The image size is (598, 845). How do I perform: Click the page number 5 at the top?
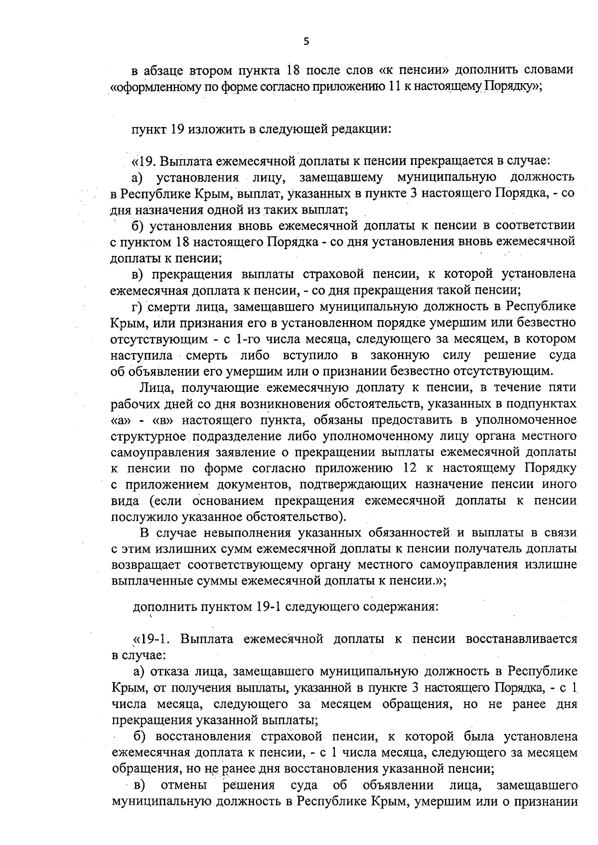point(306,42)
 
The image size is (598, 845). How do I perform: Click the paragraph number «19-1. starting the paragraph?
point(151,639)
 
